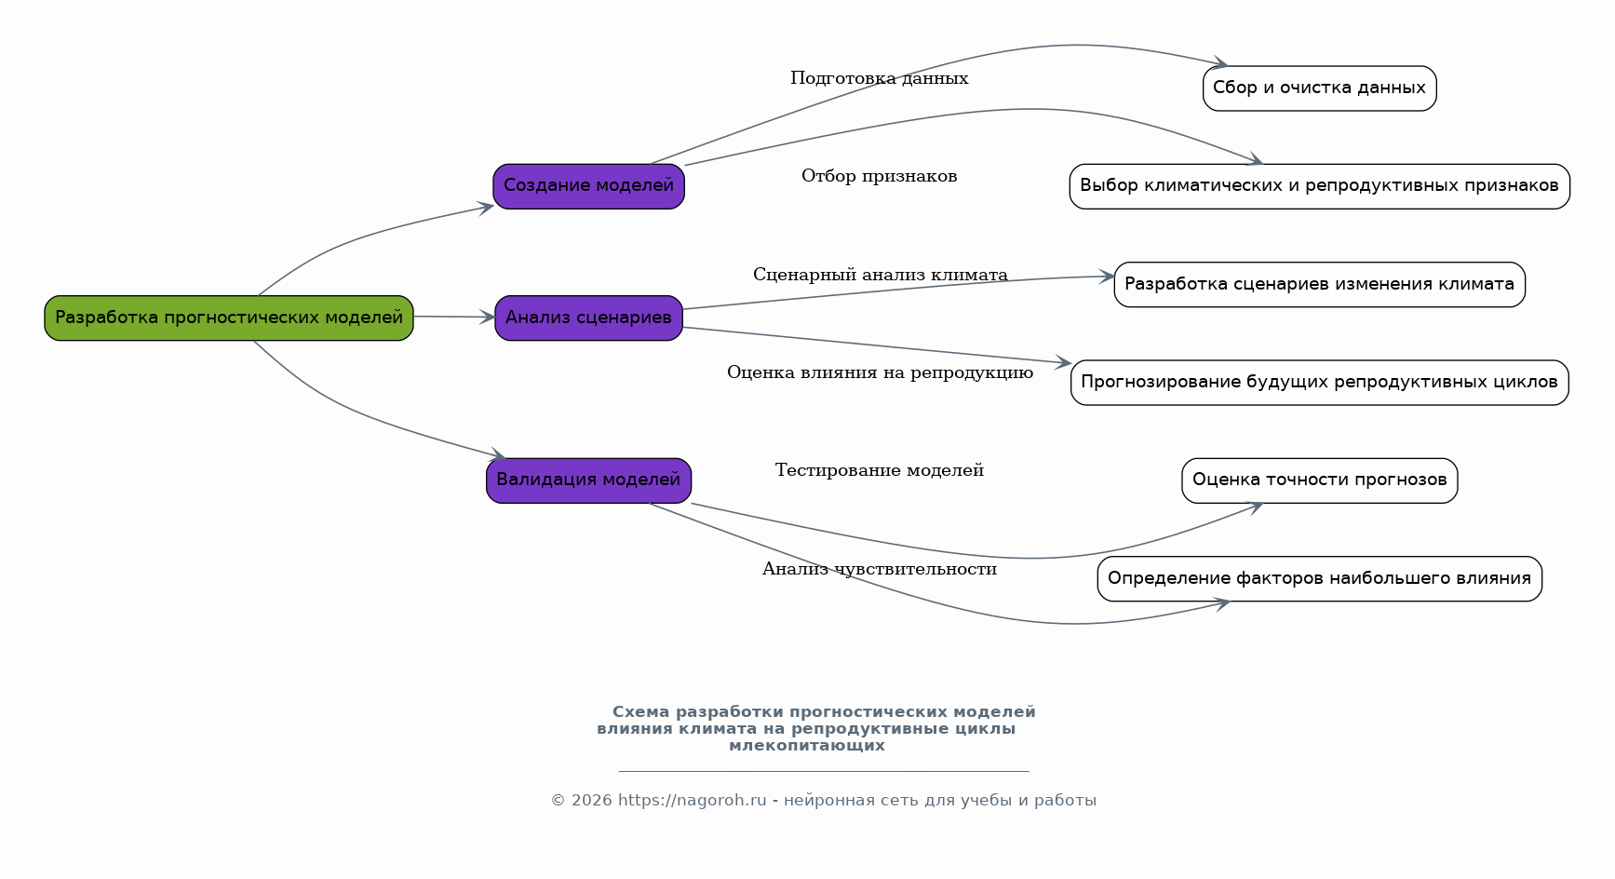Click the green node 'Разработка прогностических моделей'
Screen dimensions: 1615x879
[229, 318]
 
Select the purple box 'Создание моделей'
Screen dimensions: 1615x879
[589, 186]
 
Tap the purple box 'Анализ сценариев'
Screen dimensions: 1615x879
[589, 318]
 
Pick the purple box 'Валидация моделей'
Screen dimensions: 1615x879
[589, 480]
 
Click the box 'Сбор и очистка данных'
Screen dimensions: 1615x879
[1320, 88]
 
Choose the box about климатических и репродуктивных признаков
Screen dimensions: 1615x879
[1320, 186]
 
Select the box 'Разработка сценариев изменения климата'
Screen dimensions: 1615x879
[1320, 285]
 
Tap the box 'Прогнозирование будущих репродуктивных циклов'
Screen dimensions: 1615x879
[1320, 383]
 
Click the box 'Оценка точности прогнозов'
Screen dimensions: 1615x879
[1320, 480]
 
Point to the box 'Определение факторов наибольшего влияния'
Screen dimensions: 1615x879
[1320, 579]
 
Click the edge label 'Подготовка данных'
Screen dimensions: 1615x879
[880, 78]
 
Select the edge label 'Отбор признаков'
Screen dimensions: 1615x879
[880, 176]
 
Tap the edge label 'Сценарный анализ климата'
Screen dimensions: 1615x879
[881, 275]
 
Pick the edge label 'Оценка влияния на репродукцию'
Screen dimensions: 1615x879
[881, 372]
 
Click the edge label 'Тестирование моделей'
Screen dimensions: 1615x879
[880, 470]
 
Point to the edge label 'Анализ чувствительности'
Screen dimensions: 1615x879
[880, 569]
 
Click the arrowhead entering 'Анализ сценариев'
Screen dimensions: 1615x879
[488, 318]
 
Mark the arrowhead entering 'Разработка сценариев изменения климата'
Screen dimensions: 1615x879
[1106, 276]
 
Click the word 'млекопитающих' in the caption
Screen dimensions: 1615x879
[807, 746]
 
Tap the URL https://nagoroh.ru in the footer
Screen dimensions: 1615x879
[693, 801]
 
